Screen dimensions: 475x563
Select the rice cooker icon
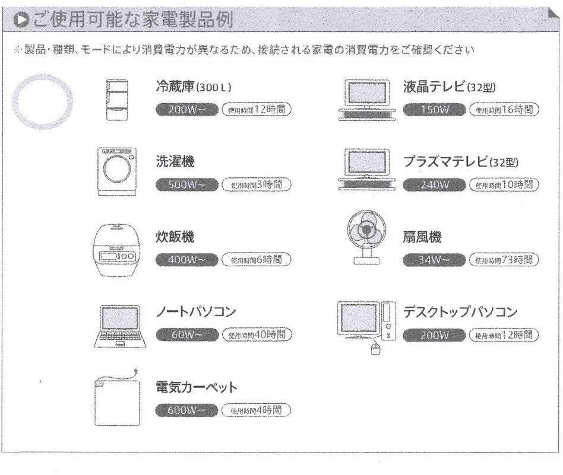click(x=116, y=250)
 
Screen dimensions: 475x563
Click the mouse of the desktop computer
click(x=375, y=349)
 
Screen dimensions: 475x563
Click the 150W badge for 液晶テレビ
click(x=433, y=109)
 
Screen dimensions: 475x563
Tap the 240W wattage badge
click(x=433, y=184)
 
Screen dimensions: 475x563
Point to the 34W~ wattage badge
click(x=433, y=260)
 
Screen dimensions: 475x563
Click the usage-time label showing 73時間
click(x=504, y=260)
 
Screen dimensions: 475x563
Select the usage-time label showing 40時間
click(x=257, y=334)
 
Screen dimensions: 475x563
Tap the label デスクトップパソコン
click(x=461, y=312)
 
